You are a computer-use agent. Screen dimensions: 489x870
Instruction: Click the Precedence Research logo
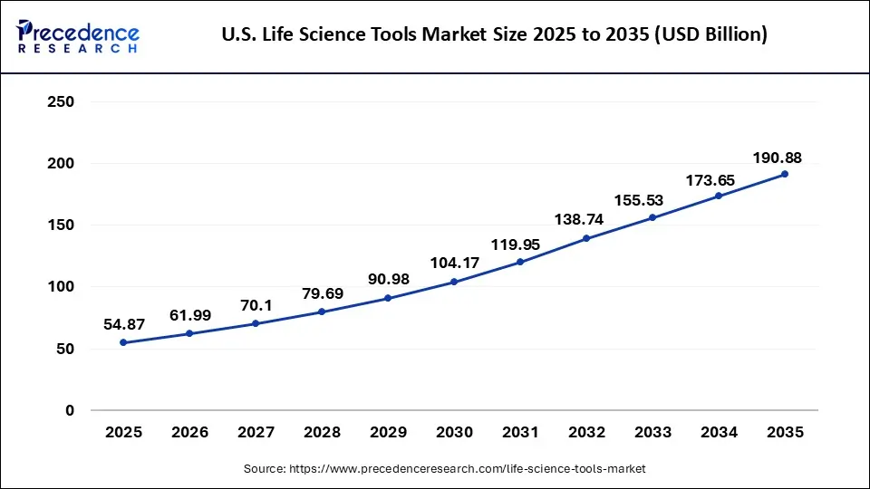[78, 35]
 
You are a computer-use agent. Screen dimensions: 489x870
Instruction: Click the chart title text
[494, 35]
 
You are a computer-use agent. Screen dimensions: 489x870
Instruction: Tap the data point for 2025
[123, 342]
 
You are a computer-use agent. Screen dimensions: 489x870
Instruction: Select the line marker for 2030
[454, 282]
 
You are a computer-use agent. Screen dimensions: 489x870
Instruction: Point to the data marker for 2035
[785, 174]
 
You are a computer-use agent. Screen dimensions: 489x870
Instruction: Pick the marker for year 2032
[586, 238]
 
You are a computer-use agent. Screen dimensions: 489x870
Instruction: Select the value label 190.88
[777, 158]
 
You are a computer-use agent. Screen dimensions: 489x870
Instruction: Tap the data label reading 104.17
[452, 263]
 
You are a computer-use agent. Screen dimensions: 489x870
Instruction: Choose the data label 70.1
[256, 304]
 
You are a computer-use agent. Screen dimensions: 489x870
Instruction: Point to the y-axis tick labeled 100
[60, 287]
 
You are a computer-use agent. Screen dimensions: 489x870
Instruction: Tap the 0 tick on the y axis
[69, 410]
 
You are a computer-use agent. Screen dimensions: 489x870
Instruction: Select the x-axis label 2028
[322, 433]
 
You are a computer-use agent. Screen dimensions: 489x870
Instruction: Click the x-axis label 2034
[719, 433]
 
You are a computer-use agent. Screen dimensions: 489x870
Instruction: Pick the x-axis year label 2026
[189, 433]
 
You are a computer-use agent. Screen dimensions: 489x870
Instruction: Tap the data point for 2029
[388, 298]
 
